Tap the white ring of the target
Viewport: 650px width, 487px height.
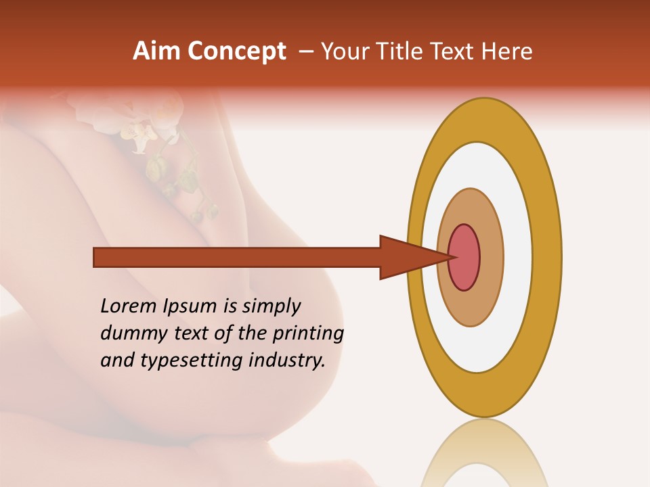[x=518, y=257]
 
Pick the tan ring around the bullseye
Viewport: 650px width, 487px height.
[x=492, y=257]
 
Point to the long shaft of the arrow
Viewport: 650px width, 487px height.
[x=237, y=258]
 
